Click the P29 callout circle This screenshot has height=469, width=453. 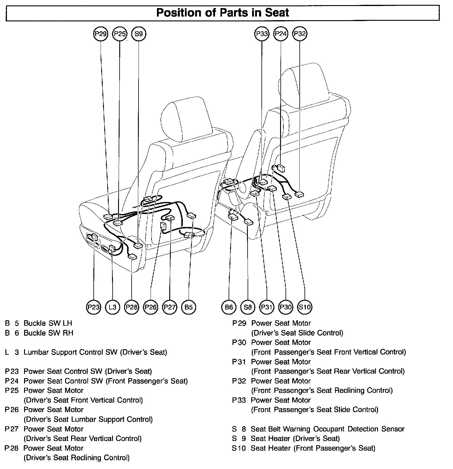click(x=101, y=34)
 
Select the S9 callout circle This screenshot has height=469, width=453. click(x=139, y=34)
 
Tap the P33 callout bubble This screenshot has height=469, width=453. click(x=262, y=34)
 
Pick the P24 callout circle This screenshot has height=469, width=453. click(x=281, y=34)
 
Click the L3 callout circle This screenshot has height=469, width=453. click(x=112, y=307)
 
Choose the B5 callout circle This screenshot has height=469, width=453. click(x=189, y=307)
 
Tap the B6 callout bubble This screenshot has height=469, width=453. click(x=229, y=307)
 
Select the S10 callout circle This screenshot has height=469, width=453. click(x=305, y=307)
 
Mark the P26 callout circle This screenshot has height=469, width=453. click(x=151, y=307)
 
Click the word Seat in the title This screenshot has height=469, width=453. click(x=277, y=13)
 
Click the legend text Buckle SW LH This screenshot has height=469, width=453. click(x=48, y=323)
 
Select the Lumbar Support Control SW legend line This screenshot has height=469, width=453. click(x=95, y=352)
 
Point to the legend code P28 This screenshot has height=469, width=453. click(x=12, y=448)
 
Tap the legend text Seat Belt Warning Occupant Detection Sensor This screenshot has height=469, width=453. click(x=327, y=429)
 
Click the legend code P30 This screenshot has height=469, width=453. click(x=239, y=343)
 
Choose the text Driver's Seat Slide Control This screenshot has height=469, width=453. click(x=297, y=333)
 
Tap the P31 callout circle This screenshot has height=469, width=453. click(x=267, y=307)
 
